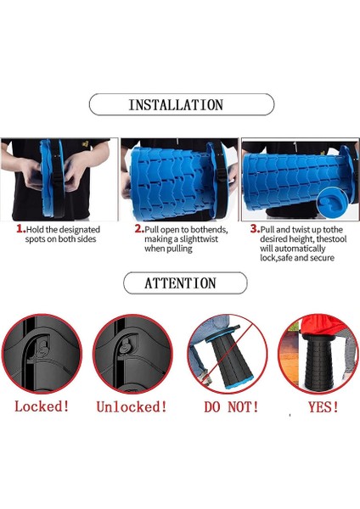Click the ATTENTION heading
pos(180,283)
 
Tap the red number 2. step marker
pos(140,229)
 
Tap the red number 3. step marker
pos(255,229)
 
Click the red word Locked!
pos(42,406)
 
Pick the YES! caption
pos(323,406)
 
